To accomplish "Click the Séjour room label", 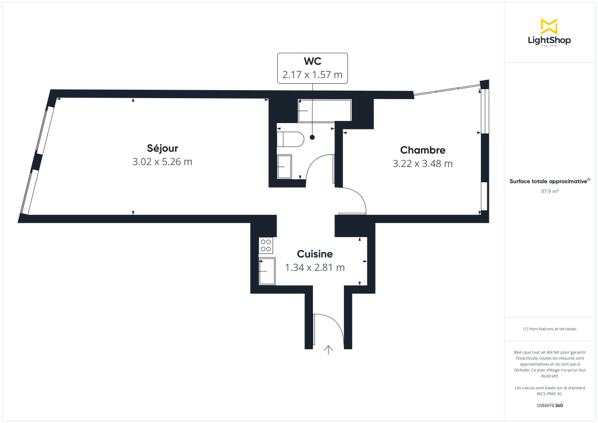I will (x=162, y=148).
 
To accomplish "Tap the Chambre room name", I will (x=423, y=150).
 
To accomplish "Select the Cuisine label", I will (x=314, y=254).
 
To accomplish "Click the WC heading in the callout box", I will (x=312, y=61).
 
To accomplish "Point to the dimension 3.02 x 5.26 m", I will (x=162, y=162).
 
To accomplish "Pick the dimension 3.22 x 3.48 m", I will (x=423, y=163).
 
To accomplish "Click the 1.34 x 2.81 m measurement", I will (x=314, y=268).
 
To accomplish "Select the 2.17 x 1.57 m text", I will (x=312, y=75).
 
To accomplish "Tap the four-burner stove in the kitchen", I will (x=266, y=245).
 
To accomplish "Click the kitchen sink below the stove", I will (x=267, y=271).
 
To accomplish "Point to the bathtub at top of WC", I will (x=324, y=111).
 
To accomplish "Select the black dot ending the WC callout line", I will (x=312, y=137).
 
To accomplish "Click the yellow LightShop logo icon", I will (x=549, y=26).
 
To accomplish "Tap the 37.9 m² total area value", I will (x=550, y=190).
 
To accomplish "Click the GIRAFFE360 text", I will (x=550, y=406).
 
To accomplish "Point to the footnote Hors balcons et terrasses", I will (x=550, y=329).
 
